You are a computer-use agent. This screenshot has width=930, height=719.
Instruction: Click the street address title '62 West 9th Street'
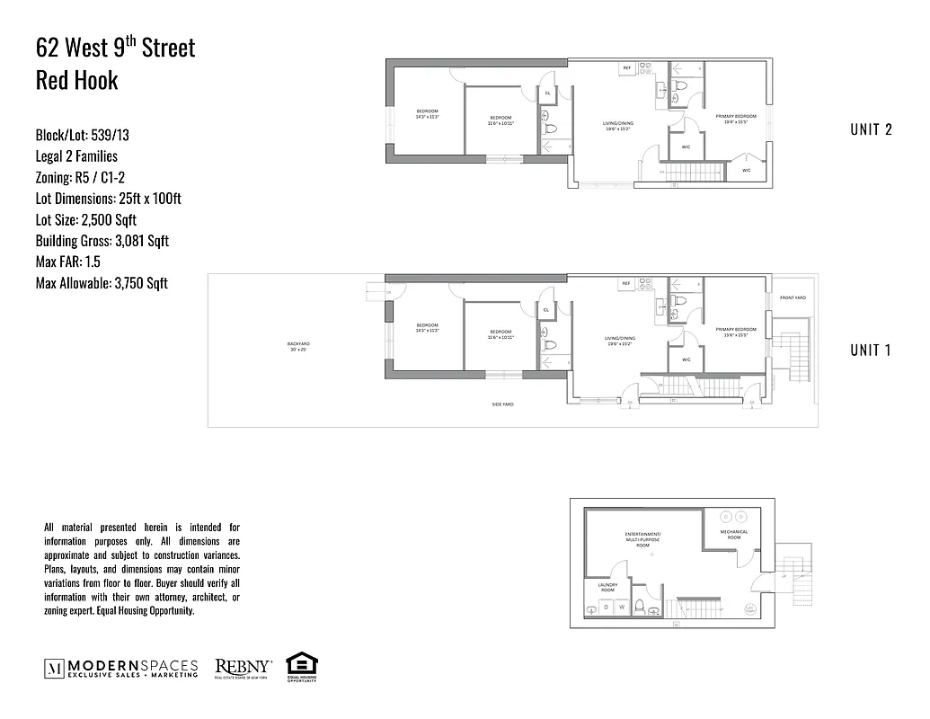[x=115, y=48]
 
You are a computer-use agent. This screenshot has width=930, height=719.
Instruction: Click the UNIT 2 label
[x=870, y=129]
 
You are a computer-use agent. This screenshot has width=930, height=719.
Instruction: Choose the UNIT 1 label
[x=870, y=351]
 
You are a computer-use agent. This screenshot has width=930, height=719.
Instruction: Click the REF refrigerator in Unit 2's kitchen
[x=627, y=68]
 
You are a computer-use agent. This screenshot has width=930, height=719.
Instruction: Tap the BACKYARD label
[x=298, y=343]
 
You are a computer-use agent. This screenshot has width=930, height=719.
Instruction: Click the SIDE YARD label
[x=502, y=404]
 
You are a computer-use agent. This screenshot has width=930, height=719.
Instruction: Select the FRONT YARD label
[x=793, y=297]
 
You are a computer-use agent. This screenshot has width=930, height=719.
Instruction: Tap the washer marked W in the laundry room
[x=620, y=608]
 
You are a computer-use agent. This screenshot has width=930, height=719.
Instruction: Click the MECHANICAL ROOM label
[x=733, y=534]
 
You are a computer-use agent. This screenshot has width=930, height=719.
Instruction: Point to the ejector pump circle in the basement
[x=750, y=609]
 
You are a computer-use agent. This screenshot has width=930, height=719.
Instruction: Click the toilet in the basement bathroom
[x=640, y=607]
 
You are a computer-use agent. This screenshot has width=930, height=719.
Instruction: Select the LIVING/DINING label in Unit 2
[x=617, y=125]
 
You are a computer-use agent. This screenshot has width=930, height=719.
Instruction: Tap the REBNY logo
[x=244, y=669]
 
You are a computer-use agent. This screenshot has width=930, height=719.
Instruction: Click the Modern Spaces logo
[x=121, y=669]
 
